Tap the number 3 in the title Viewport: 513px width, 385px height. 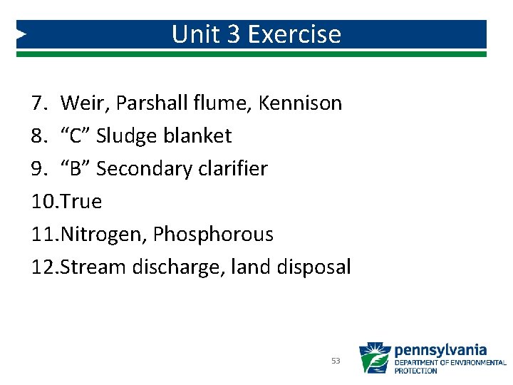[234, 34]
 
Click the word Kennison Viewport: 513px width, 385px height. [301, 103]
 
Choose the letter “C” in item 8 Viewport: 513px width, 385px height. [76, 136]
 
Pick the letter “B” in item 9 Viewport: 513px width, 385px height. [76, 169]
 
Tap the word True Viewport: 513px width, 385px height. [82, 202]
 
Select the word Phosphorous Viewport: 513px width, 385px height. [213, 235]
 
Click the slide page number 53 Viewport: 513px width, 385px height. [336, 361]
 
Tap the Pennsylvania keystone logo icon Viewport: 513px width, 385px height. [374, 359]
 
